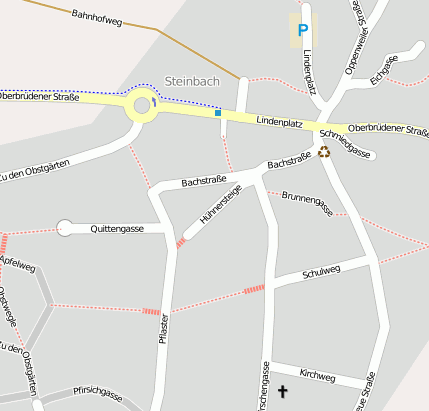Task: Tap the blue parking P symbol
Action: pos(302,30)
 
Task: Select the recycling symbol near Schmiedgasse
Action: pos(324,152)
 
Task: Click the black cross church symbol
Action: pos(282,392)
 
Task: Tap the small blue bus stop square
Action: pos(218,113)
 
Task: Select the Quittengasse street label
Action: pos(116,229)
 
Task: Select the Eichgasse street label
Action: pos(383,67)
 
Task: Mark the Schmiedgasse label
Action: pos(345,144)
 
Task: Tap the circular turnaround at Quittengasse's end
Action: pos(65,228)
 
